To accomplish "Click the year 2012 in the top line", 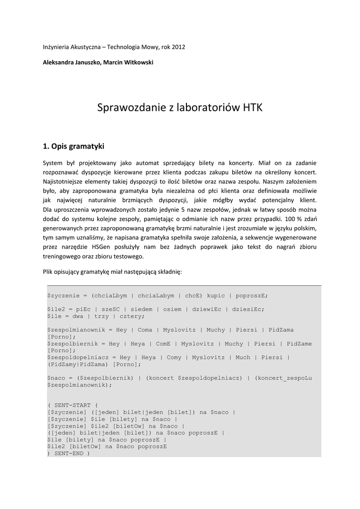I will [x=178, y=47].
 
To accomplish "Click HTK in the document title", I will [x=252, y=108].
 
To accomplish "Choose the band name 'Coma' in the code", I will [x=145, y=330].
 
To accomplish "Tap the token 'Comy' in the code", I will [x=174, y=357].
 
